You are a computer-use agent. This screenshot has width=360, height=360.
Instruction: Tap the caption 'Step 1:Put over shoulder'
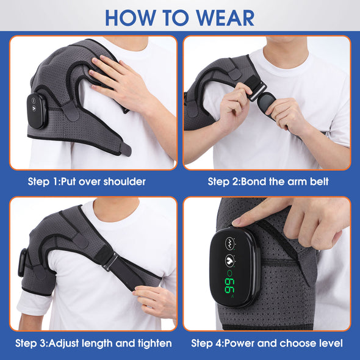coord(87,181)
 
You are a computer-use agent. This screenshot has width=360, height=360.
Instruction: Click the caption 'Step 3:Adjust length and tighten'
coord(93,343)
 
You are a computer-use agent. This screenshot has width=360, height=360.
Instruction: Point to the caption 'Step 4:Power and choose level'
coord(267,343)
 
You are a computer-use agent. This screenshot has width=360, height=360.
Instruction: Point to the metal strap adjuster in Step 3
coord(110,261)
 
